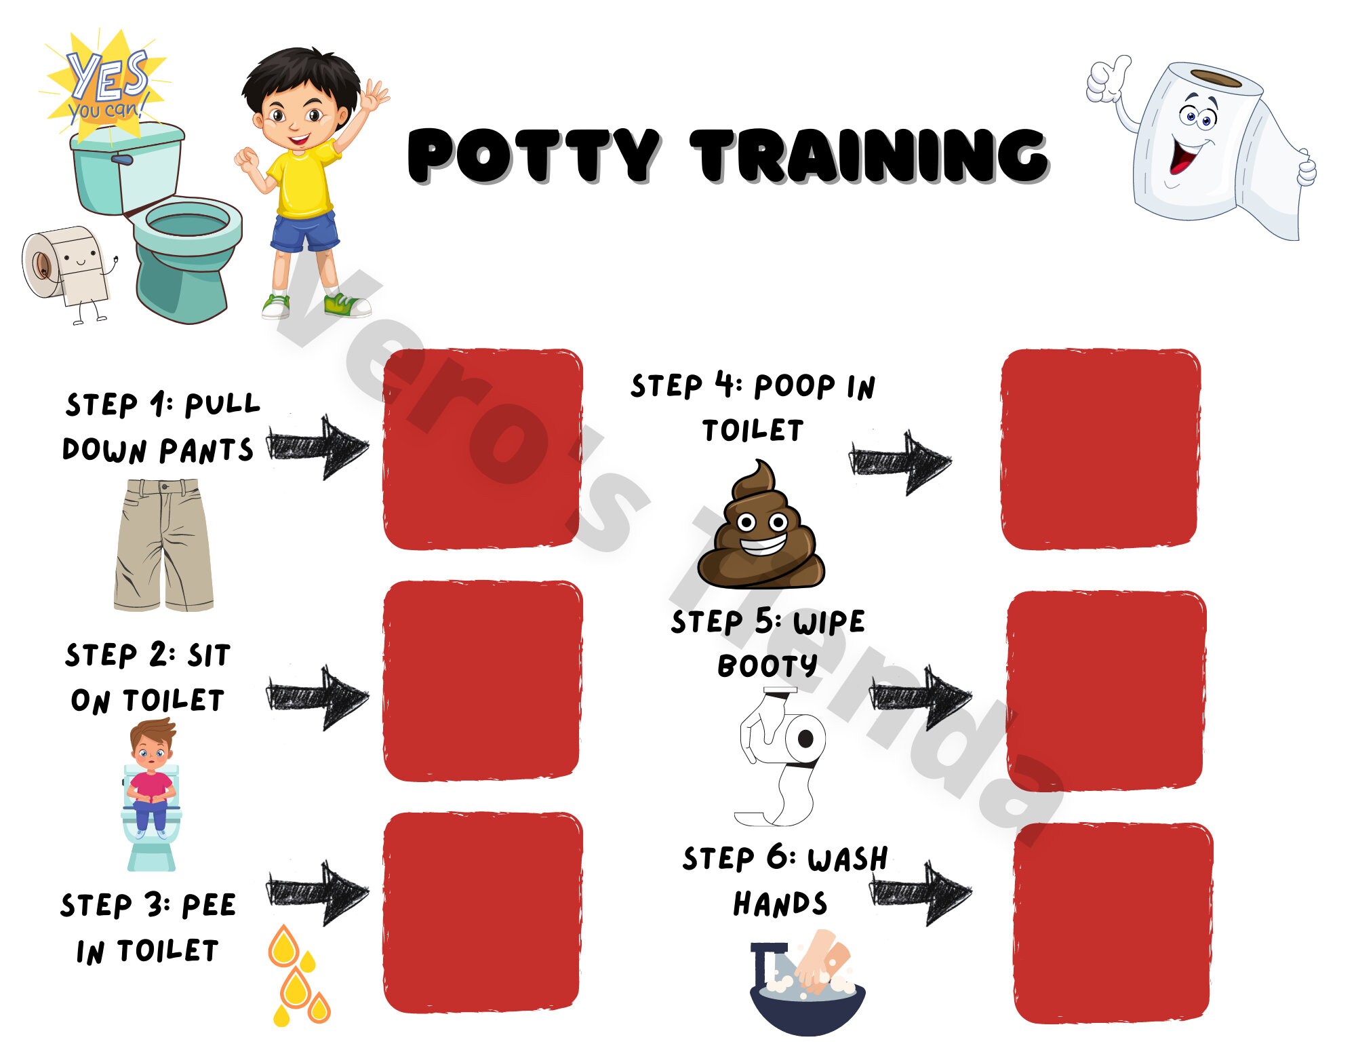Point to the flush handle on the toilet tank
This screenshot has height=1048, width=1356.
tap(122, 159)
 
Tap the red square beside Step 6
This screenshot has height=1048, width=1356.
tap(1113, 923)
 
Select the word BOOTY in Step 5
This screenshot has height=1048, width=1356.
tap(767, 666)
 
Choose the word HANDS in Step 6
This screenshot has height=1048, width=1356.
tap(780, 904)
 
